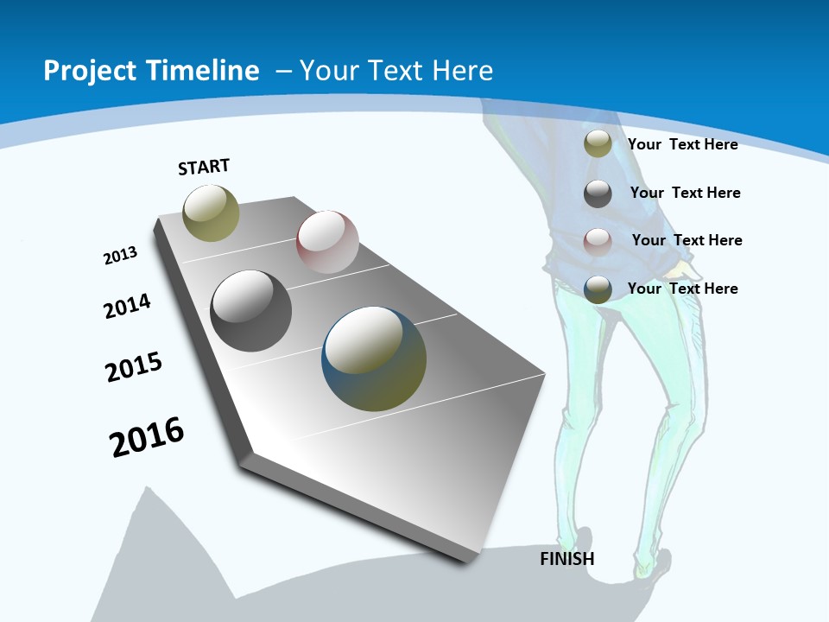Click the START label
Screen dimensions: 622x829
[x=204, y=167]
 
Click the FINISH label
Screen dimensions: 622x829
[x=566, y=559]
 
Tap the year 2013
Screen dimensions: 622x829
[x=120, y=256]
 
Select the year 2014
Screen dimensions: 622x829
[x=127, y=307]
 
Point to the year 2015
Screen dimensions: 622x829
[x=134, y=367]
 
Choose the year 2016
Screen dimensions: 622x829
[x=147, y=437]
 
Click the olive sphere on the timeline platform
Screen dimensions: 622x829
[x=211, y=213]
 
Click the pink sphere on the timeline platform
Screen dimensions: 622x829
[x=327, y=241]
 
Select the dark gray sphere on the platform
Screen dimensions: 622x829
[x=251, y=310]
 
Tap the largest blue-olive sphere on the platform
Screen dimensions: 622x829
[x=374, y=359]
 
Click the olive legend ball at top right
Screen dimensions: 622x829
[x=598, y=144]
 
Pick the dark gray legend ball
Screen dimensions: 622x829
[x=598, y=194]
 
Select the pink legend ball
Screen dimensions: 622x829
[x=598, y=241]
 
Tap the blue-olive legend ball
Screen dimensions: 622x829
[x=598, y=289]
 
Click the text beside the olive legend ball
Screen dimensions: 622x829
[x=682, y=144]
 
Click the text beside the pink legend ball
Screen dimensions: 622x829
[x=687, y=240]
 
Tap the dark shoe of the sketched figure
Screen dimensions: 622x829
[x=654, y=563]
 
